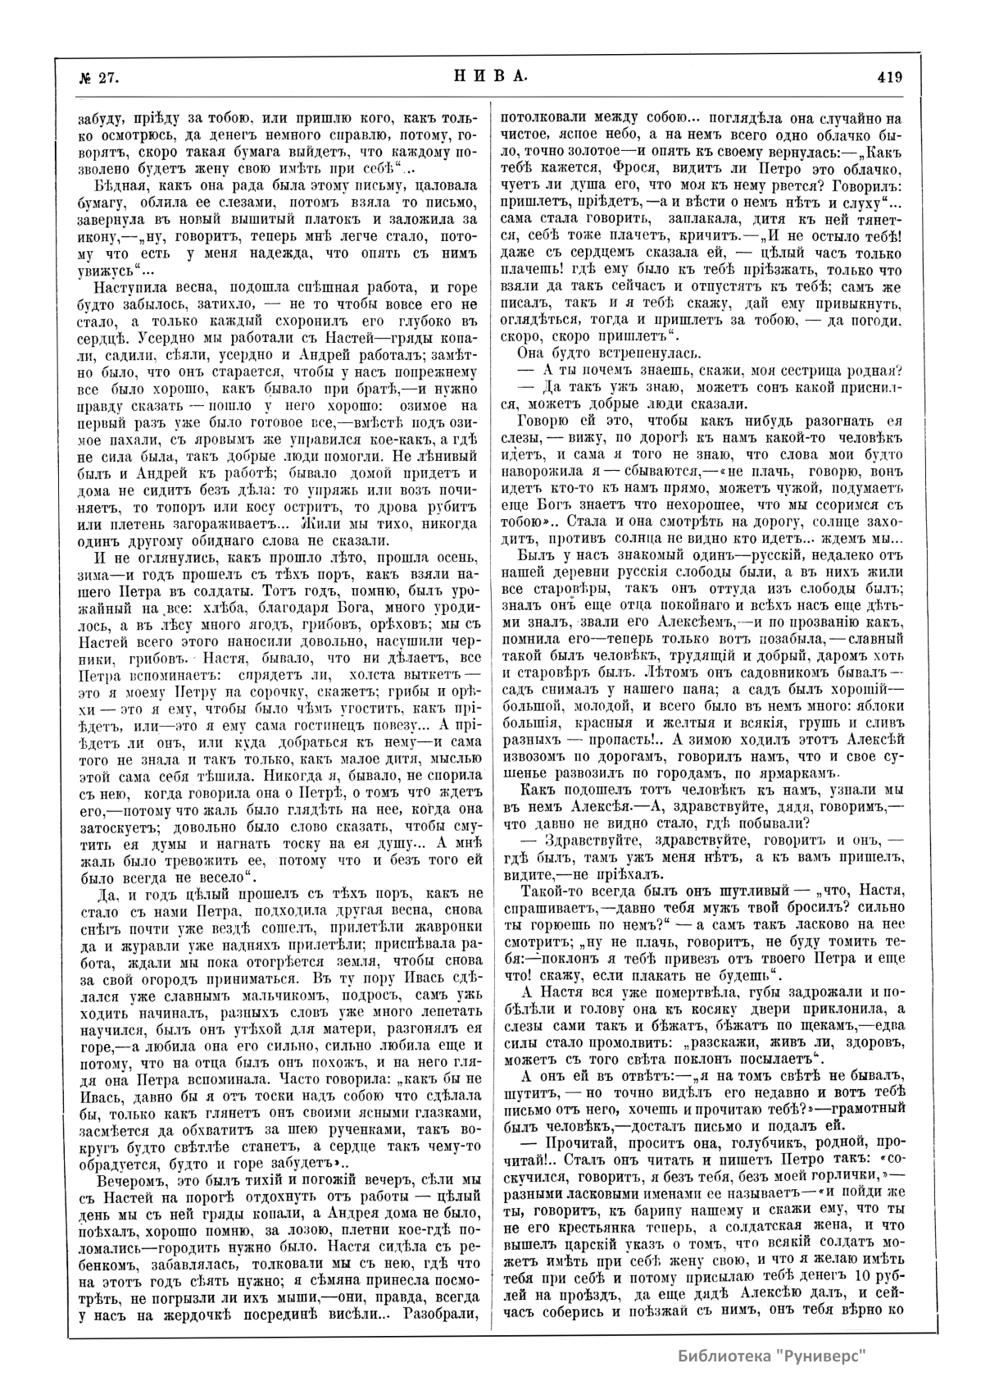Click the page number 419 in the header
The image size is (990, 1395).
(888, 78)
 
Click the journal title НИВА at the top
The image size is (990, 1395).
(489, 77)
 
